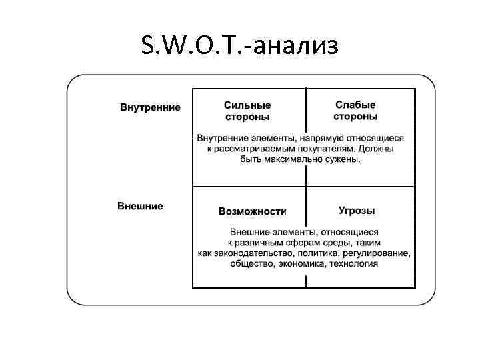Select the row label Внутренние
[150, 107]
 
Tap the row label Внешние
[140, 206]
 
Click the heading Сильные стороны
[247, 111]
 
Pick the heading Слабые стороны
[355, 111]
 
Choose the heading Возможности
[252, 211]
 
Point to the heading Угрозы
[357, 211]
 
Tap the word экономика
[301, 264]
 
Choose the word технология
[353, 264]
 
